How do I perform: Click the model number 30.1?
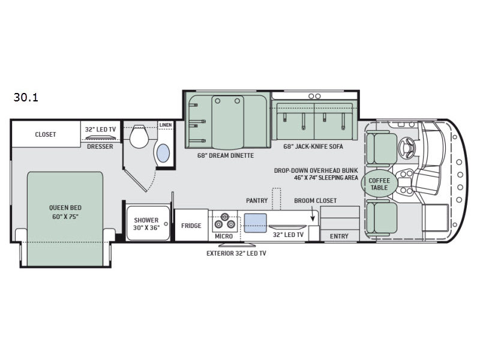point(26,97)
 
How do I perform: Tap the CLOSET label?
point(46,134)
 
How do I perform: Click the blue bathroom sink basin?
point(163,153)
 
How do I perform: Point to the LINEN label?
point(166,125)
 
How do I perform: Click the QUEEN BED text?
point(65,208)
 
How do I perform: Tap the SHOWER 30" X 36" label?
point(146,224)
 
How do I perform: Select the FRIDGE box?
point(191,226)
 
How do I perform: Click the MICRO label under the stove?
point(224,236)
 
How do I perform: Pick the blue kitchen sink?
point(256,223)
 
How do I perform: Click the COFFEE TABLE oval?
point(379,184)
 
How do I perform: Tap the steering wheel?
point(407,147)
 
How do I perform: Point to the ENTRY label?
point(339,236)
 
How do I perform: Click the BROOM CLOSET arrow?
point(313,214)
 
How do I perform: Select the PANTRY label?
point(257,200)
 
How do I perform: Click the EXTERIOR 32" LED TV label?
point(236,253)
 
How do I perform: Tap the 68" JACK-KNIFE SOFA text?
point(313,146)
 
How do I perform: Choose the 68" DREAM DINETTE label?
point(226,155)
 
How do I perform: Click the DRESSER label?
point(100,146)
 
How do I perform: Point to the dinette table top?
point(228,122)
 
